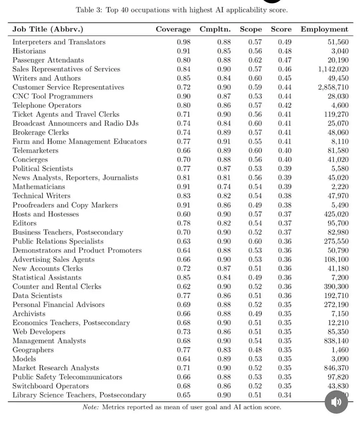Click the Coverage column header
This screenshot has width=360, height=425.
pyautogui.click(x=173, y=29)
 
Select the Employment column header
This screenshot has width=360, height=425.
pyautogui.click(x=324, y=29)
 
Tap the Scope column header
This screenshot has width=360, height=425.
pyautogui.click(x=251, y=29)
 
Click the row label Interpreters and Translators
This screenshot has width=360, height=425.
pyautogui.click(x=59, y=42)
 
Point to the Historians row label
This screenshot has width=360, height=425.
pyautogui.click(x=29, y=51)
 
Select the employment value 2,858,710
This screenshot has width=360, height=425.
pyautogui.click(x=333, y=87)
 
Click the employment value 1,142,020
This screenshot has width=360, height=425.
pyautogui.click(x=333, y=69)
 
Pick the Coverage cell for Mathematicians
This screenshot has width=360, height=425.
pyautogui.click(x=184, y=187)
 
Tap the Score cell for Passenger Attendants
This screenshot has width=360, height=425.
pyautogui.click(x=285, y=60)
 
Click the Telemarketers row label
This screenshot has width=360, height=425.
pyautogui.click(x=35, y=151)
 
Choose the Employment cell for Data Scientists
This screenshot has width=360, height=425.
pyautogui.click(x=336, y=296)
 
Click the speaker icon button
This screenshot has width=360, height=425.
pyautogui.click(x=336, y=402)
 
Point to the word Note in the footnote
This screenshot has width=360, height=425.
pyautogui.click(x=91, y=407)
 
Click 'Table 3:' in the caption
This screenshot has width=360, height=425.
pyautogui.click(x=89, y=10)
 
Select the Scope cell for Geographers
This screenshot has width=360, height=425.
pyautogui.click(x=255, y=350)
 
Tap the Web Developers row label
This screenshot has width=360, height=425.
pyautogui.click(x=39, y=332)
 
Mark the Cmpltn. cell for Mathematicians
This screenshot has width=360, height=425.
pyautogui.click(x=224, y=187)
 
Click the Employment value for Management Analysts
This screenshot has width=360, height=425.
pyautogui.click(x=336, y=341)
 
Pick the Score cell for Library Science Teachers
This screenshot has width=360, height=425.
pyautogui.click(x=285, y=395)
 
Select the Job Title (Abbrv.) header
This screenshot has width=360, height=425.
pyautogui.click(x=48, y=29)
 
